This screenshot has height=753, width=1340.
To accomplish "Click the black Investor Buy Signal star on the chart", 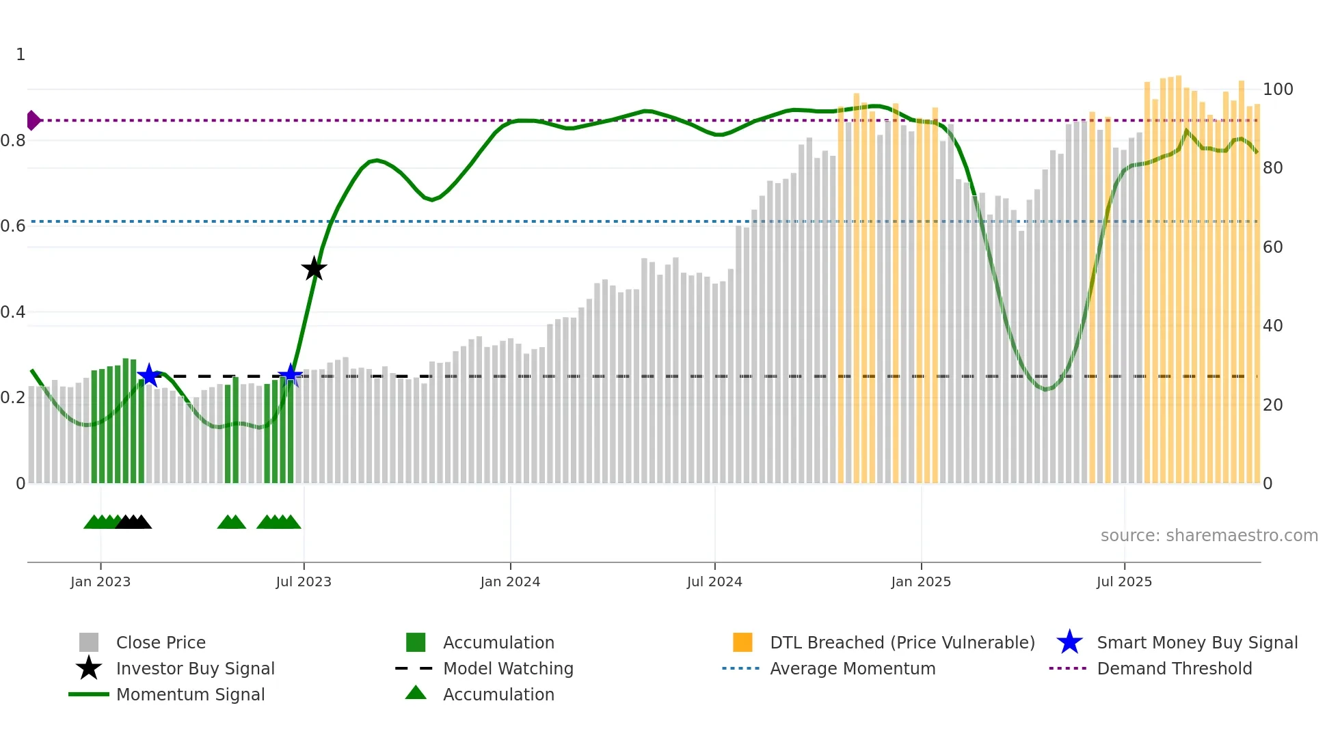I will pyautogui.click(x=314, y=269).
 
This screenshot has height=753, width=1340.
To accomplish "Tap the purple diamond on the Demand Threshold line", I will pyautogui.click(x=33, y=120).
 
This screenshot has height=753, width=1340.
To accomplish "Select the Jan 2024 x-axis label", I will pyautogui.click(x=510, y=581).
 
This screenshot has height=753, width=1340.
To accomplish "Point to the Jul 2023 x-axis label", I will pyautogui.click(x=304, y=581).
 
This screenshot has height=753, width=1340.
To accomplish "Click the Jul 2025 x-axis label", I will pyautogui.click(x=1124, y=581).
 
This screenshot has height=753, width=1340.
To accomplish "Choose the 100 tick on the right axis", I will pyautogui.click(x=1277, y=90).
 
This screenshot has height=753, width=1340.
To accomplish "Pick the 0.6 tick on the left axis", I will pyautogui.click(x=13, y=226).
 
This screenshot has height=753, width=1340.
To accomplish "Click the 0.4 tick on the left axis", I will pyautogui.click(x=13, y=312).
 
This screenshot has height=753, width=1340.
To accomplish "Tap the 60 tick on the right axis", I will pyautogui.click(x=1272, y=247).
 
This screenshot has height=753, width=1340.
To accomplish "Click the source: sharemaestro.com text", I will pyautogui.click(x=1209, y=536).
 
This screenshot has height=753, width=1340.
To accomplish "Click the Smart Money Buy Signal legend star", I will pyautogui.click(x=1069, y=642).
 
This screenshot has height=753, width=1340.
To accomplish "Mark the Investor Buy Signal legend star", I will pyautogui.click(x=89, y=668).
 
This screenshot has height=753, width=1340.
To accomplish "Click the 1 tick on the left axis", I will pyautogui.click(x=21, y=55).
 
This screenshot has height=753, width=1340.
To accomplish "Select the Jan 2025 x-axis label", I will pyautogui.click(x=921, y=581).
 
